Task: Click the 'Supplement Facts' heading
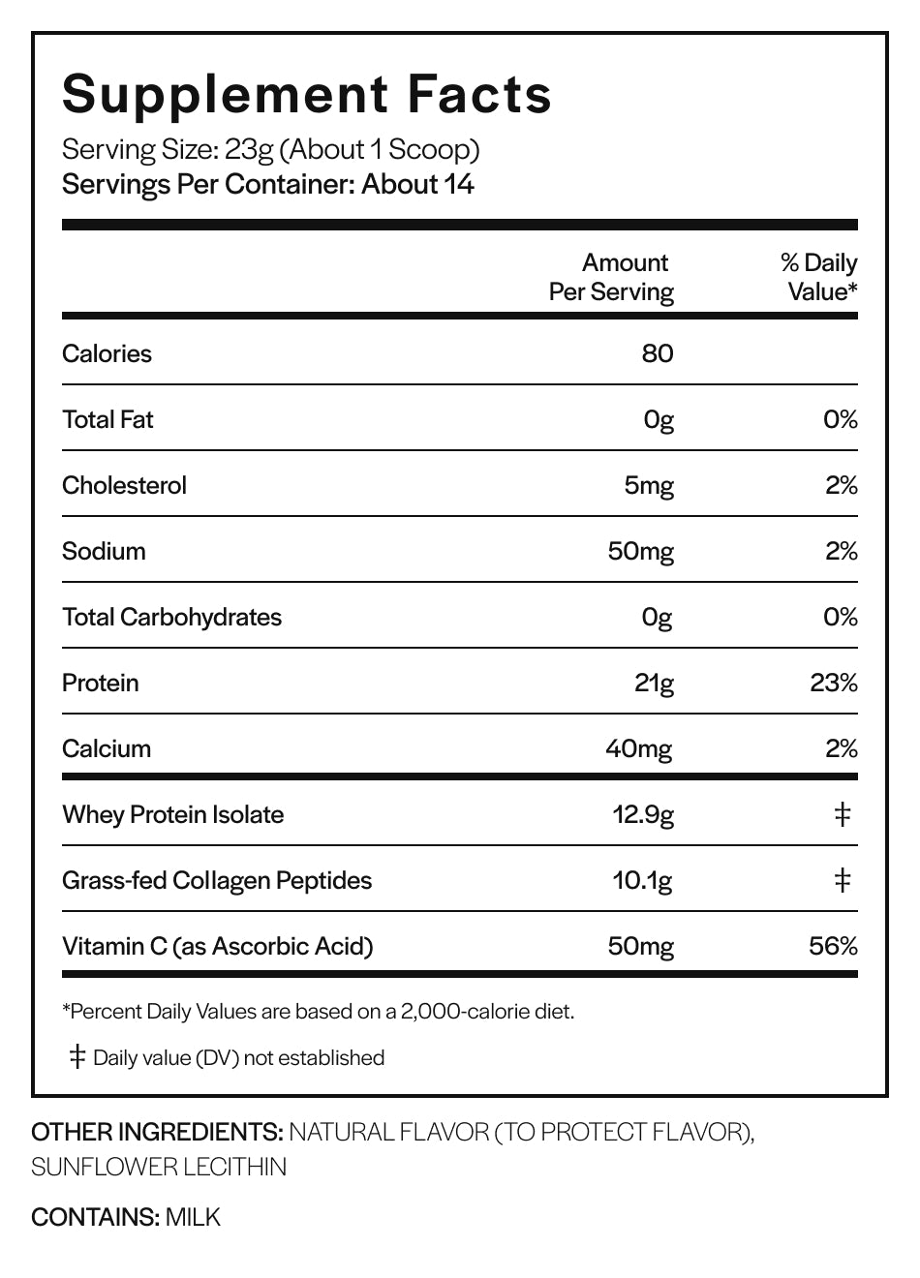pyautogui.click(x=306, y=95)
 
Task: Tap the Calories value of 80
pyautogui.click(x=658, y=353)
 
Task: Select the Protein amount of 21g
pyautogui.click(x=654, y=684)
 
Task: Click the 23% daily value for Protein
pyautogui.click(x=834, y=683)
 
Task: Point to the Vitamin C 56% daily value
pyautogui.click(x=833, y=946)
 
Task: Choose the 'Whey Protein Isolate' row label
pyautogui.click(x=173, y=815)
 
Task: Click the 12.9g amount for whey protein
pyautogui.click(x=643, y=815)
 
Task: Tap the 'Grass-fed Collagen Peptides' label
pyautogui.click(x=217, y=881)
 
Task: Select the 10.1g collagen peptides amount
pyautogui.click(x=643, y=881)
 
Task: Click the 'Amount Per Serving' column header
pyautogui.click(x=611, y=277)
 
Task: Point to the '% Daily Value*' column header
pyautogui.click(x=819, y=277)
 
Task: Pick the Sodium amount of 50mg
pyautogui.click(x=641, y=552)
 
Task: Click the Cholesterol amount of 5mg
pyautogui.click(x=649, y=486)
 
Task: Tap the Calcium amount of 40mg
pyautogui.click(x=639, y=749)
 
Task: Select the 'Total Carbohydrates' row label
pyautogui.click(x=171, y=618)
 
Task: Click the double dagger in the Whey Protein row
pyautogui.click(x=843, y=815)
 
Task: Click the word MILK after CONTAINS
pyautogui.click(x=193, y=1217)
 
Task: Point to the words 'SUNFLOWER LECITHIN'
pyautogui.click(x=159, y=1167)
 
